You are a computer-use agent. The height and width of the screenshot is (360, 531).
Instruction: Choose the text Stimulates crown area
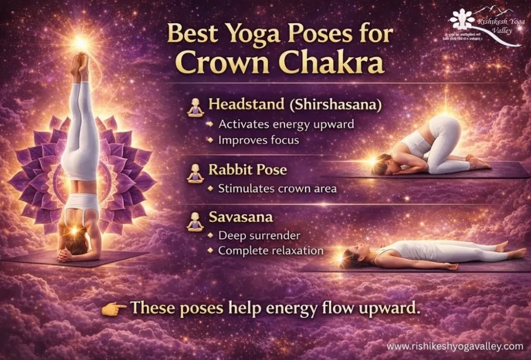coord(277,188)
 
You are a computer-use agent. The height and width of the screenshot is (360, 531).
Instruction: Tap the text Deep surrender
coord(259,236)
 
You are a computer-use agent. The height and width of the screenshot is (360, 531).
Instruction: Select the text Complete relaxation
coord(271,251)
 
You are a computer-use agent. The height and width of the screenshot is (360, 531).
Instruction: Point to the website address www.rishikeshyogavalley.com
coord(455,346)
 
